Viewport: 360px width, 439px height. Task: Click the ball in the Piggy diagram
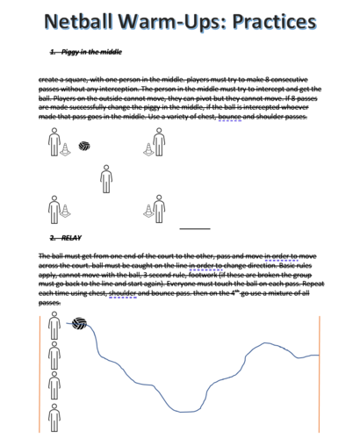tap(85, 146)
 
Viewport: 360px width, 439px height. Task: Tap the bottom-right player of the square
tap(160, 208)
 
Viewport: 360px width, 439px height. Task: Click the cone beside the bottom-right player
tap(148, 212)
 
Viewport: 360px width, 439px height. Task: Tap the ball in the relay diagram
tap(78, 324)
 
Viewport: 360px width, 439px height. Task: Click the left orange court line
tap(40, 373)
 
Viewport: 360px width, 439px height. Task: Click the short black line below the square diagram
tap(195, 228)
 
